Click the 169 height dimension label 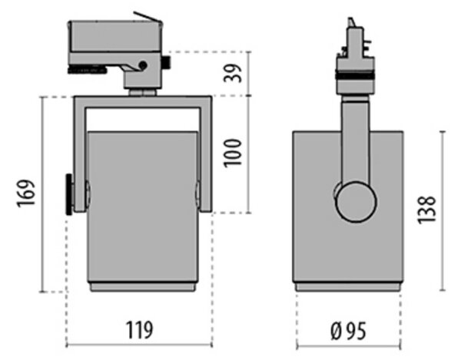[26, 193]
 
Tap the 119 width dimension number [140, 330]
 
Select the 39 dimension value [233, 73]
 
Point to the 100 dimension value [233, 154]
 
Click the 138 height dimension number [426, 210]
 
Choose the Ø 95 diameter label [348, 332]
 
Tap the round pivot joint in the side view [356, 202]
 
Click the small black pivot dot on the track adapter [143, 65]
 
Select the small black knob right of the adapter [167, 62]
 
